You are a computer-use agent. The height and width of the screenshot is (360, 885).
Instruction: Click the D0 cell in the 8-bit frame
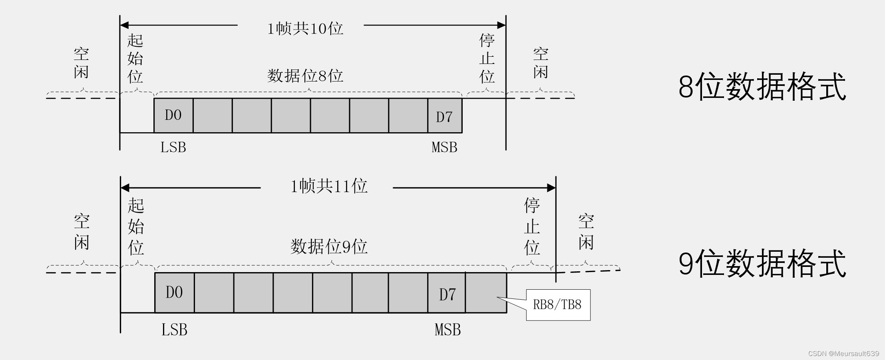173,115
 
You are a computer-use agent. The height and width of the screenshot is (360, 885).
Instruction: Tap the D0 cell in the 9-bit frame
174,293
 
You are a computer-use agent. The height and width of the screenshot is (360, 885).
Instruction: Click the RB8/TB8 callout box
558,305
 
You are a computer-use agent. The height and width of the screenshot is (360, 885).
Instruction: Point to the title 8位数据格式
762,87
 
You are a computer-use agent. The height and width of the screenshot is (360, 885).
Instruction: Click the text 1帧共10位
305,28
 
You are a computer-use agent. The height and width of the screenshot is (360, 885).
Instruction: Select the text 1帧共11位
328,186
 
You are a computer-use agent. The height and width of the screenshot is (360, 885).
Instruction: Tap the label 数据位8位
305,76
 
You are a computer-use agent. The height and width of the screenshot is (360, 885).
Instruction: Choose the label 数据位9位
329,247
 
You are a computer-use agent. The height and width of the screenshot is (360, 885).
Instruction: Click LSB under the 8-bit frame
173,147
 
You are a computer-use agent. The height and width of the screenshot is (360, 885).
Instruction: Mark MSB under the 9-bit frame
447,330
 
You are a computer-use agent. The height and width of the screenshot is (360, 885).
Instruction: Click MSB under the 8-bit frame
444,147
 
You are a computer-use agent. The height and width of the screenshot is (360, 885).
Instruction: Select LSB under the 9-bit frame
174,330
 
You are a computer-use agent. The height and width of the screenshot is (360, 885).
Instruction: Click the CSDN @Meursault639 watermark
843,354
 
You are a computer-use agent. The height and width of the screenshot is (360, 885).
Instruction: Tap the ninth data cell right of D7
486,293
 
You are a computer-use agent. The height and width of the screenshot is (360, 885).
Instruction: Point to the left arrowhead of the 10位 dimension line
124,25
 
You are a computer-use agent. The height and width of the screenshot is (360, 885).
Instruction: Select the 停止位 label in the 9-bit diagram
532,226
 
